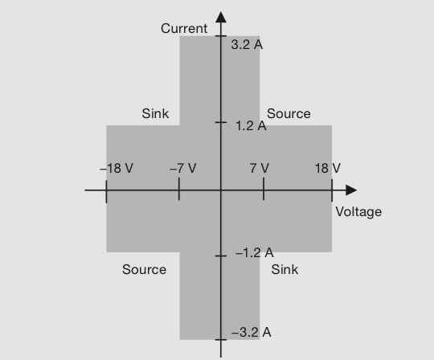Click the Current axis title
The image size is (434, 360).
click(184, 28)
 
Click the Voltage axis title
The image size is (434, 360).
click(358, 212)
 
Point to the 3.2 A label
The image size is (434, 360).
click(247, 44)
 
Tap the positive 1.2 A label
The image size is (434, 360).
click(251, 126)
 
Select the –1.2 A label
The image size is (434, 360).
click(254, 252)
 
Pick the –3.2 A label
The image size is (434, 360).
click(251, 332)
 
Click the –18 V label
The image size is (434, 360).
click(117, 168)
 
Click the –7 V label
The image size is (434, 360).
click(183, 168)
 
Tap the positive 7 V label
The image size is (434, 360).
click(260, 168)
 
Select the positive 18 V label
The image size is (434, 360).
click(328, 168)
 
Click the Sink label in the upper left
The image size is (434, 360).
click(155, 113)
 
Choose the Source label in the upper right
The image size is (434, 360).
click(289, 114)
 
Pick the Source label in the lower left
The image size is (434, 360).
click(144, 269)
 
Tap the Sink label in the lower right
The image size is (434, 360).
click(285, 269)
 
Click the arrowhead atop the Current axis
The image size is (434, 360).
click(221, 17)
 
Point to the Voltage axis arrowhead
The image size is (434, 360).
click(351, 190)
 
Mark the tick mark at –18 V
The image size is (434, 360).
click(106, 191)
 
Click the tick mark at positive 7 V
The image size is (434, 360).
click(264, 189)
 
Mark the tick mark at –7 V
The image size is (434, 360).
click(179, 189)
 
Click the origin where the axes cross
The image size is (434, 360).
click(221, 190)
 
